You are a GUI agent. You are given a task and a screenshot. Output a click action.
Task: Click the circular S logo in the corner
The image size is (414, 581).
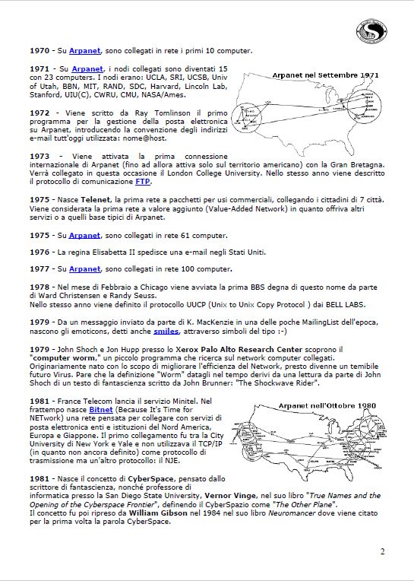click(x=371, y=31)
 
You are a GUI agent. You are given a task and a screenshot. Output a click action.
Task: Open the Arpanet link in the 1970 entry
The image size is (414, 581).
click(x=85, y=51)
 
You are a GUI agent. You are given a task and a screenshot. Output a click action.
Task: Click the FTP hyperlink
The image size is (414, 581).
click(x=143, y=182)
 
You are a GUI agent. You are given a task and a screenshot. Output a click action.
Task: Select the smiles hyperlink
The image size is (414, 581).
click(x=166, y=332)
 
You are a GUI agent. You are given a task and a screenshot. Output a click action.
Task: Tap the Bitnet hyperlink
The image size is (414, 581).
click(x=101, y=409)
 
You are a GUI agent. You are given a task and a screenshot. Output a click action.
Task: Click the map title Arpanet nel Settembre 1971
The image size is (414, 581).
click(x=326, y=75)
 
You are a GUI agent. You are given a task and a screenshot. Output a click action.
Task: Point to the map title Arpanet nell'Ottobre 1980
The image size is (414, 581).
click(x=327, y=405)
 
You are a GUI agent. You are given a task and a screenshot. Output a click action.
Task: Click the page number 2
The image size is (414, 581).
click(x=383, y=551)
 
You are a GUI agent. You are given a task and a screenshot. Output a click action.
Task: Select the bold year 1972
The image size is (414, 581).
click(x=40, y=113)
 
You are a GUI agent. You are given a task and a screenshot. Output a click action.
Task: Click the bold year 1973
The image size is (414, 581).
click(x=40, y=156)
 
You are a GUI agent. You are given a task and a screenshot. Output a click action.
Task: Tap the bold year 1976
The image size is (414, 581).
click(x=40, y=252)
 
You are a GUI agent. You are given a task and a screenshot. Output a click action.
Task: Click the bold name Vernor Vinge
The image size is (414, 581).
click(x=230, y=495)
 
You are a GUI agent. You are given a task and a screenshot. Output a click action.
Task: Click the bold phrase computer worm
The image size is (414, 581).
click(x=63, y=358)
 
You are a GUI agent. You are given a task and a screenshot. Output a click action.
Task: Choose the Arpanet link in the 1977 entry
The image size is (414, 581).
click(x=85, y=268)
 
